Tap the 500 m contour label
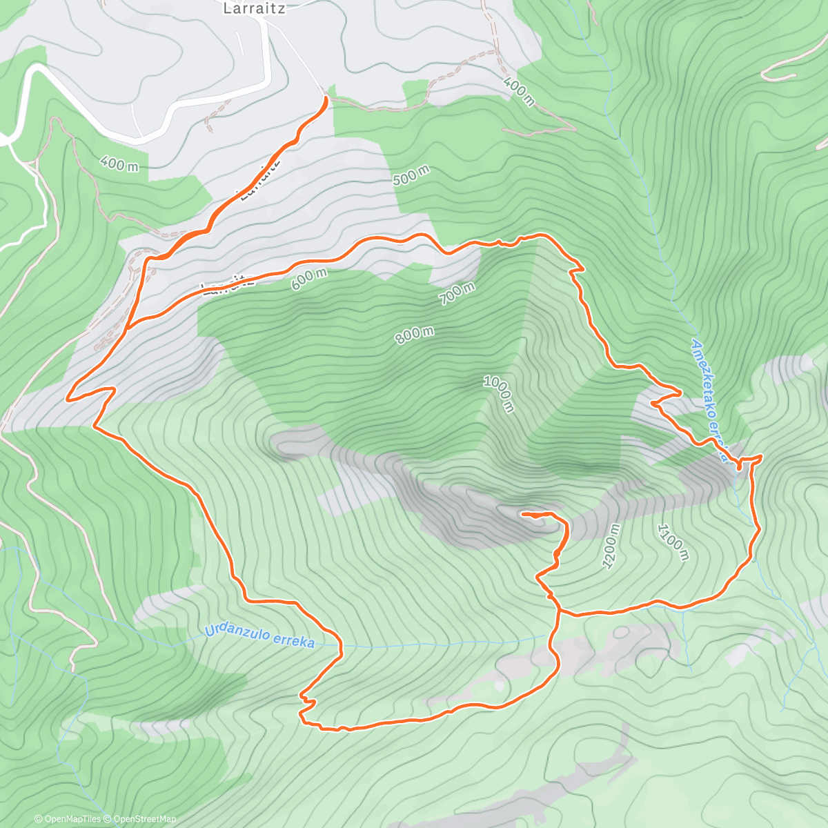pos(411,176)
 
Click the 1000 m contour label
pos(498,394)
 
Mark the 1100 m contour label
pos(672,542)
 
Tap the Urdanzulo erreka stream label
pos(259,636)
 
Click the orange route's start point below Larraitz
pos(326,98)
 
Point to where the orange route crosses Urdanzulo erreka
pos(341,645)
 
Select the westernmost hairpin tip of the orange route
pos(68,398)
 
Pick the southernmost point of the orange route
pos(338,729)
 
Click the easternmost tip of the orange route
pos(762,456)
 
